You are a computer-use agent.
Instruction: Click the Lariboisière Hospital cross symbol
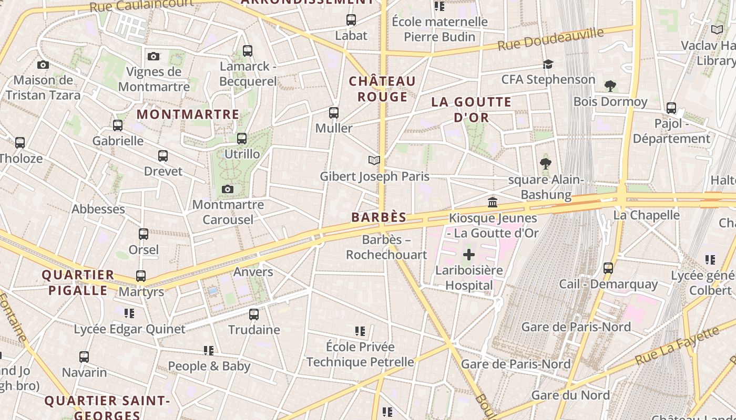tap(468, 255)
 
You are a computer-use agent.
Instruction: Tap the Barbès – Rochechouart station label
tap(386, 247)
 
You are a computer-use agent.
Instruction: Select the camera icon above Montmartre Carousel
tap(228, 189)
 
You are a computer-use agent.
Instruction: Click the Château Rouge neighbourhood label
tap(382, 89)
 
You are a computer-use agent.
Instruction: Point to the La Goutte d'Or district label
tap(471, 109)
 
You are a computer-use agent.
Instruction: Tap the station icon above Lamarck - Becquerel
tap(248, 51)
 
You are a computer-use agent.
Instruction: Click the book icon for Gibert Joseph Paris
tap(374, 161)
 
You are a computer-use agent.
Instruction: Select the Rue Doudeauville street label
tap(550, 39)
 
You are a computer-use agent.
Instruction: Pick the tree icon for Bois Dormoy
tap(610, 86)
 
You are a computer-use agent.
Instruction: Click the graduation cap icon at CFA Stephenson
tap(548, 64)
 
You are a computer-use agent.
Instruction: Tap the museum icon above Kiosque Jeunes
tap(493, 202)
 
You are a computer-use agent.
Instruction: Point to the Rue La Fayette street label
tap(677, 346)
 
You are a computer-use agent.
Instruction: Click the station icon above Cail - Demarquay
tap(608, 268)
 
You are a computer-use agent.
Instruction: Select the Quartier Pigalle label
tap(78, 282)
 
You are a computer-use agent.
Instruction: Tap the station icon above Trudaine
tap(254, 314)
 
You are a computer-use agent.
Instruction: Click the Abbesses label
tap(98, 209)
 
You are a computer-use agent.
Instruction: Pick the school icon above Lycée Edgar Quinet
tap(129, 313)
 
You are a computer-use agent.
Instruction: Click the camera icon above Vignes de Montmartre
tap(154, 56)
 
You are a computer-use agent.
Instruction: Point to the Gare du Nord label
tap(570, 395)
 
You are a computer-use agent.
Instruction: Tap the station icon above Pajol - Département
tap(671, 108)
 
